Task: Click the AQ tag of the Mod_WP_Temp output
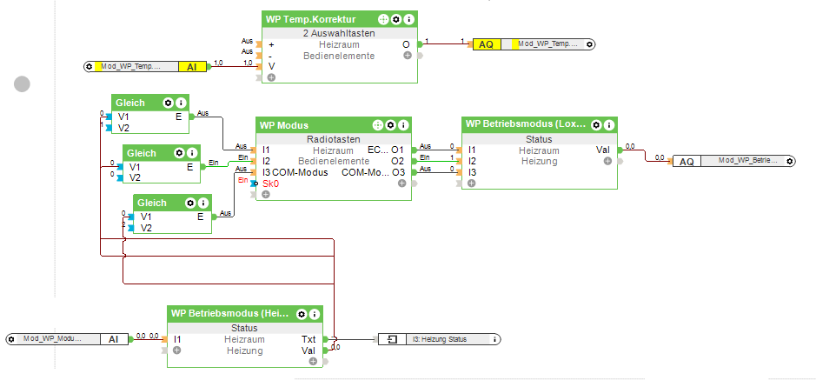point(487,43)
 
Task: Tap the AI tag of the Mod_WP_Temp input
point(191,66)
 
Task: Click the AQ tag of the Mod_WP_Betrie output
point(687,161)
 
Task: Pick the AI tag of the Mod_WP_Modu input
point(113,339)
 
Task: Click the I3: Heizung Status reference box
point(439,339)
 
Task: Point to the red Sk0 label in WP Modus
point(270,183)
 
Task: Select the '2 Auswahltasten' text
point(339,32)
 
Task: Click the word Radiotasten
point(333,139)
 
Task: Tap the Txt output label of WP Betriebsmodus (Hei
point(308,339)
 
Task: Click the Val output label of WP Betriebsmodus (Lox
point(602,150)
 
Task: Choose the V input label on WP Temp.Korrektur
point(271,66)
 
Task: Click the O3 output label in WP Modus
point(397,172)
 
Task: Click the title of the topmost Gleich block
point(130,102)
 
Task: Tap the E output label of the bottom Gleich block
point(200,217)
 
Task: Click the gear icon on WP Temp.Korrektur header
point(395,18)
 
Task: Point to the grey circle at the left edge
point(22,83)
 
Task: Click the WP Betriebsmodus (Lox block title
point(526,124)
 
